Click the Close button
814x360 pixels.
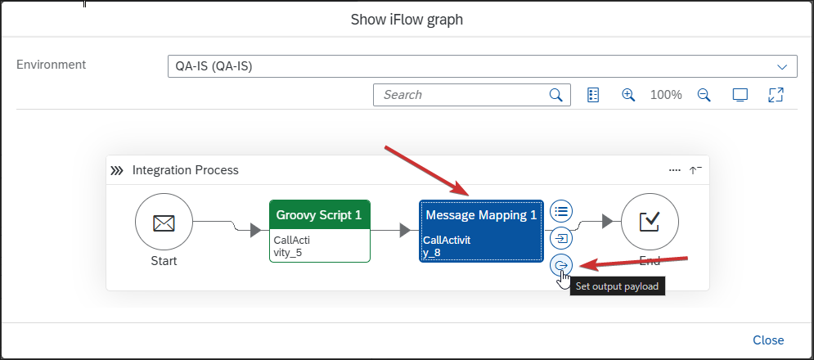coord(768,340)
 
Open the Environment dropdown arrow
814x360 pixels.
coord(782,67)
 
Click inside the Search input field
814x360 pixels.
coord(462,95)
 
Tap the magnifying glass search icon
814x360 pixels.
coord(556,95)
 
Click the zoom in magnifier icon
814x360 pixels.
coord(628,95)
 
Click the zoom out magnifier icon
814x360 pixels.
coord(704,95)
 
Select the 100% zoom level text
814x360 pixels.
coord(666,95)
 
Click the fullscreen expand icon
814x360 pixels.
coord(776,95)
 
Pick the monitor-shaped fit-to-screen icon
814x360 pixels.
coord(740,95)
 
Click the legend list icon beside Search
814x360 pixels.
coord(593,95)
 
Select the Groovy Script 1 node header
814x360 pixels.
coord(320,214)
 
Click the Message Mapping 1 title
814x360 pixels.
coord(481,214)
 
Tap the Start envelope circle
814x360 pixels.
coord(164,223)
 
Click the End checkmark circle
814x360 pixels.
coord(650,222)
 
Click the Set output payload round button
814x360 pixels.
coord(561,266)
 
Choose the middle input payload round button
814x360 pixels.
coord(561,238)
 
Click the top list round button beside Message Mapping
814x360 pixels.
coord(561,211)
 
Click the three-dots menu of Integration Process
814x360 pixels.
coord(675,170)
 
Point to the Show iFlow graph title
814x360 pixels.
coord(407,20)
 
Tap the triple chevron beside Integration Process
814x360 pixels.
coord(117,170)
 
